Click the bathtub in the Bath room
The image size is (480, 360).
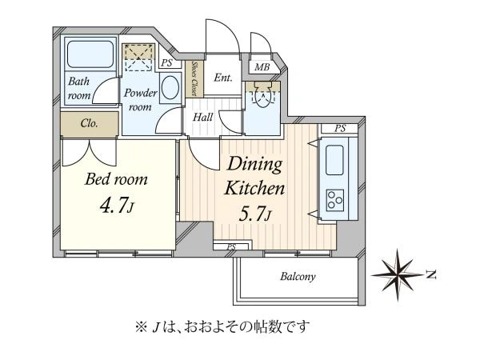[x=90, y=54]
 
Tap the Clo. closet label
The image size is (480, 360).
[x=89, y=123]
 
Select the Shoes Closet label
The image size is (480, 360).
[x=194, y=78]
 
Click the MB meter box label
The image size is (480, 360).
[x=262, y=66]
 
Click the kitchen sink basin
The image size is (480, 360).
[x=334, y=160]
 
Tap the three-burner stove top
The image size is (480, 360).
[x=335, y=201]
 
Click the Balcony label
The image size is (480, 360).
[x=298, y=277]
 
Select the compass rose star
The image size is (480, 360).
[x=397, y=274]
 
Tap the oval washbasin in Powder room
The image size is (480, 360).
[x=170, y=88]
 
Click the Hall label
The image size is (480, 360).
[x=203, y=117]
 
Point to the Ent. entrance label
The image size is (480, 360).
[x=223, y=78]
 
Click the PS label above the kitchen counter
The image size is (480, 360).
[x=340, y=128]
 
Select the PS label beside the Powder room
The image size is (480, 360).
[x=167, y=63]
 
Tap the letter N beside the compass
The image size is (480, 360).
[x=431, y=275]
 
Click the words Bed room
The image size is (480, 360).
[x=116, y=179]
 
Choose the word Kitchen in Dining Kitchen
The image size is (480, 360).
[x=254, y=188]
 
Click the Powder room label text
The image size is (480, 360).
[x=141, y=99]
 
